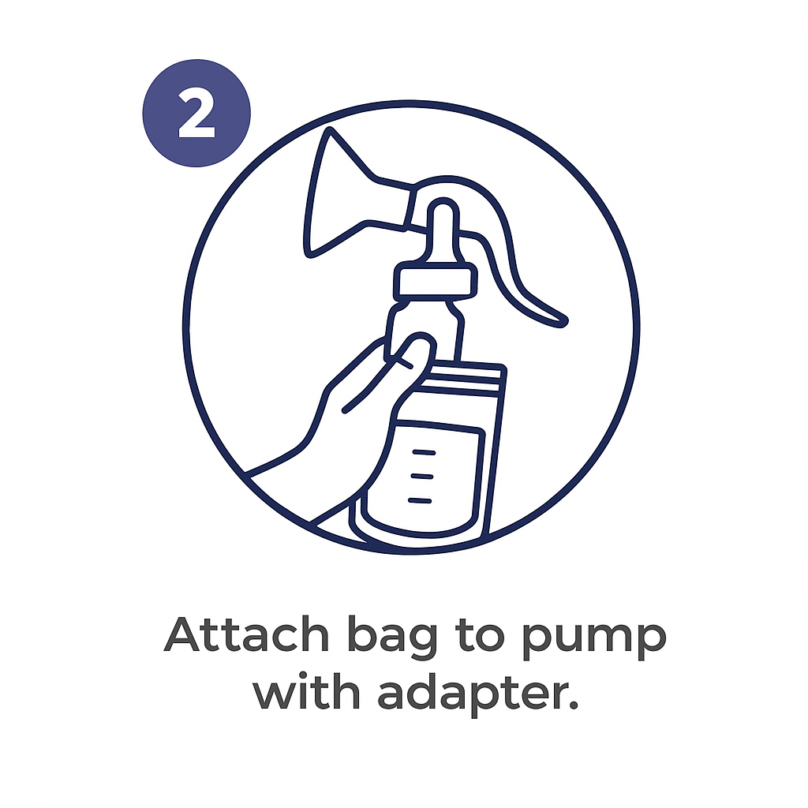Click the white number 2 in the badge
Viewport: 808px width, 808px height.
[196, 113]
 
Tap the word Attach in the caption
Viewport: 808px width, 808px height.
[246, 634]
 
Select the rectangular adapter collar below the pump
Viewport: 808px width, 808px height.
[435, 282]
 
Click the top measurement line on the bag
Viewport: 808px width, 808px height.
[424, 452]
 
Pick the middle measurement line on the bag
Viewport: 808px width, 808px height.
[421, 477]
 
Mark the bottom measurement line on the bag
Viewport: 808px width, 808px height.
[420, 500]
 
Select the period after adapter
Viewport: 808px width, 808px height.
[573, 705]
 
